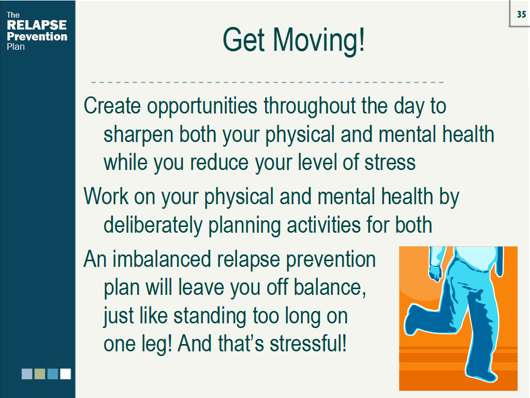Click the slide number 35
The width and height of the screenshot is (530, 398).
[522, 14]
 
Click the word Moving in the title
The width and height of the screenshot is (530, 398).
[318, 40]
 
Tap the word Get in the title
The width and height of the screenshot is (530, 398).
[243, 40]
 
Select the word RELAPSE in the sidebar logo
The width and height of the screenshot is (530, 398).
[37, 25]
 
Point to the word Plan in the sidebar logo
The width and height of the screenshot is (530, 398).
[16, 47]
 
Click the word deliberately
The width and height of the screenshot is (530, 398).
[153, 226]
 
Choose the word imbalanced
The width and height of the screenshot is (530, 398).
[162, 260]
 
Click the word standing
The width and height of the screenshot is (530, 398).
[210, 317]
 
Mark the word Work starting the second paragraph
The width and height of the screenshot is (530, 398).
[106, 196]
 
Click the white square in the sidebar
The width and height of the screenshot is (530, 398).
[66, 374]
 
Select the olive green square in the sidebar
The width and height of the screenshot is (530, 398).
[40, 374]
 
